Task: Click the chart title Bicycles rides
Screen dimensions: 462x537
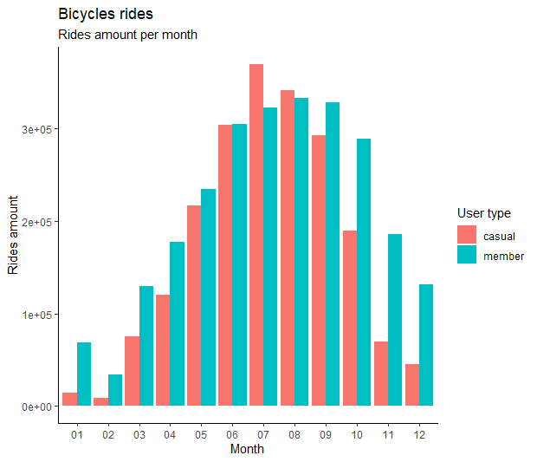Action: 105,15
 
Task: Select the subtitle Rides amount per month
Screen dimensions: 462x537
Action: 127,36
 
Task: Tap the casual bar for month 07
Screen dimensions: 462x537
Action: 256,235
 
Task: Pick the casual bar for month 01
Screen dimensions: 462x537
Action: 69,400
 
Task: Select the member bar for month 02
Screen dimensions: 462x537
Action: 115,390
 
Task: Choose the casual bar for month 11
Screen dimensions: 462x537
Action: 381,374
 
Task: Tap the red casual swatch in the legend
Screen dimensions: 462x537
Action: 467,234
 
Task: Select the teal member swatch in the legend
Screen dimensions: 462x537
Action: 467,255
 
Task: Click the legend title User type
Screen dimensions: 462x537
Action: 483,213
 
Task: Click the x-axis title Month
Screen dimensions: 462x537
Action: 247,449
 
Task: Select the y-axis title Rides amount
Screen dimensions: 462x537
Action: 13,236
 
